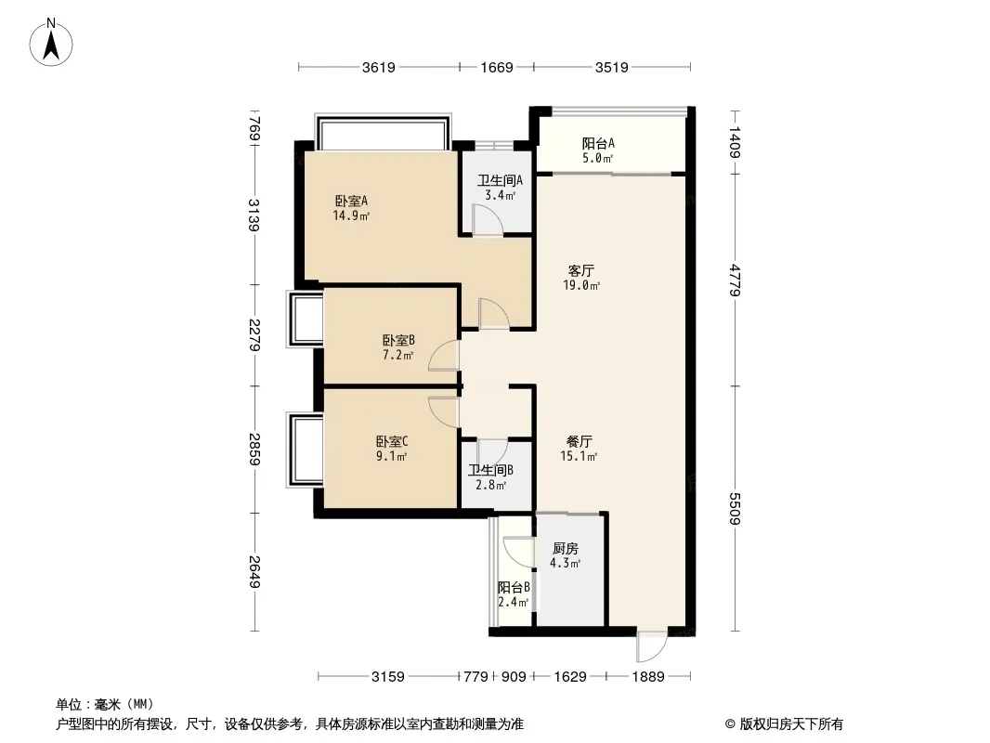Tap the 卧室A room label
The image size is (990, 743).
pos(351,202)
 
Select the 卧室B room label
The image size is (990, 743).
pos(398,341)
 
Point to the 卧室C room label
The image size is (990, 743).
pos(392,441)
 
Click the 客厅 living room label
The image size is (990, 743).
pos(580,271)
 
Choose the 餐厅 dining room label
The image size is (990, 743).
pos(579,441)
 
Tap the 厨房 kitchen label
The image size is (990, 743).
pos(565,549)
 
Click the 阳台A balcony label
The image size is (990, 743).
pos(598,143)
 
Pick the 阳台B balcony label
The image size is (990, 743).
pos(514,588)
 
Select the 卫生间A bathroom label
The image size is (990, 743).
pos(500,180)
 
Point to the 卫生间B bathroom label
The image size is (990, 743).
pos(490,470)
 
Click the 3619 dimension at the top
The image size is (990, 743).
pos(379,67)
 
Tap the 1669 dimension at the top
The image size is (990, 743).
pos(497,67)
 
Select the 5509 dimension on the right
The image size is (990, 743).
pos(734,509)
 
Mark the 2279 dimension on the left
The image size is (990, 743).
pos(254,335)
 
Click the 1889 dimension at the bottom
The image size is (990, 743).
pos(648,677)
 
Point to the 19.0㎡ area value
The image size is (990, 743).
pos(581,285)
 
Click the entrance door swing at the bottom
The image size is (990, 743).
pos(652,645)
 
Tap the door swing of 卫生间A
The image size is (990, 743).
pos(488,220)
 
